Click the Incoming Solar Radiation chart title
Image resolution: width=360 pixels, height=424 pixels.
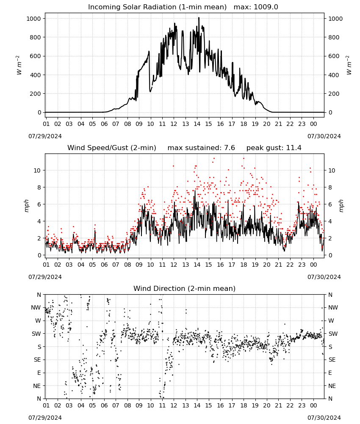[157, 7]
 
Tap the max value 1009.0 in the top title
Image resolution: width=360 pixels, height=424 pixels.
[266, 7]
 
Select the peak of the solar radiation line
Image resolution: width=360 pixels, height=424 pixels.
[199, 17]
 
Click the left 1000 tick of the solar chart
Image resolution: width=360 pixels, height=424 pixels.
[33, 19]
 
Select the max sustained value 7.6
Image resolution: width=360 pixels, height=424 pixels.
[229, 148]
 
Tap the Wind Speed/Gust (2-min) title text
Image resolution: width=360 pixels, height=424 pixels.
[111, 148]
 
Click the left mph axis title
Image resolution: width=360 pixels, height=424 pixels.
[26, 206]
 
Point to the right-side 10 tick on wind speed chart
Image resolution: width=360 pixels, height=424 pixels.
[332, 170]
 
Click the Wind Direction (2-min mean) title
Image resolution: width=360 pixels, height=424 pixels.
[185, 288]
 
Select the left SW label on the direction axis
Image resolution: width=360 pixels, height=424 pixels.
[36, 334]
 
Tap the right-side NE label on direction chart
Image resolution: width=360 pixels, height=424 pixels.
[332, 386]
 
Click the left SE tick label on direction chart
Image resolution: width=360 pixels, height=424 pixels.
[37, 360]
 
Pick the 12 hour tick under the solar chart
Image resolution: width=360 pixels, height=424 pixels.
[174, 124]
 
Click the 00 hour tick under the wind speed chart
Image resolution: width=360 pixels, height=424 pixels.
[313, 265]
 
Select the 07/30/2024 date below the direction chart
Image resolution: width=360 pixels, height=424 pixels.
[324, 418]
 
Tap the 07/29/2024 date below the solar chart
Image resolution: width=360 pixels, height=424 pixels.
[45, 136]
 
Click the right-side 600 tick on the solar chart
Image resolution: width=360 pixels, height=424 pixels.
[334, 56]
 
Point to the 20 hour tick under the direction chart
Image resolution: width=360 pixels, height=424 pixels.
[266, 405]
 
